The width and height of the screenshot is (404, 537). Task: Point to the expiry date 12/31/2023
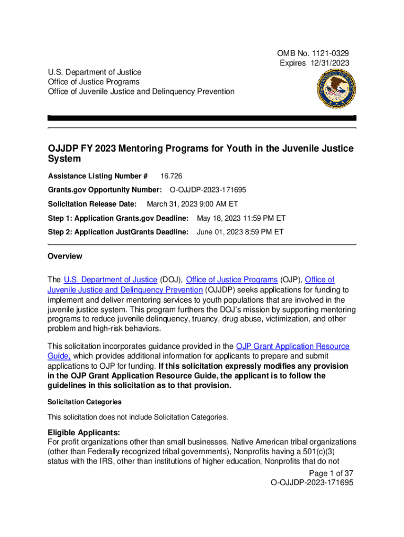pyautogui.click(x=328, y=63)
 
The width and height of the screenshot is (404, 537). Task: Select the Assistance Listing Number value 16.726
pyautogui.click(x=172, y=176)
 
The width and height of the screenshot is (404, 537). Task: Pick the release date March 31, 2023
pyautogui.click(x=192, y=203)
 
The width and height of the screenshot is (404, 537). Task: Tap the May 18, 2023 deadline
pyautogui.click(x=241, y=218)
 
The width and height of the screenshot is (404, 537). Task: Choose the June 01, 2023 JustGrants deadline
pyautogui.click(x=240, y=232)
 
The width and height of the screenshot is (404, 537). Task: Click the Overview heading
pyautogui.click(x=65, y=256)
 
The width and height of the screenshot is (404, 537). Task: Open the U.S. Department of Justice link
pyautogui.click(x=110, y=280)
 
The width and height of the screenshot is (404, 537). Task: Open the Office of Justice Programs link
pyautogui.click(x=232, y=280)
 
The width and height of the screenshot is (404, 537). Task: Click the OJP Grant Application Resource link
pyautogui.click(x=292, y=346)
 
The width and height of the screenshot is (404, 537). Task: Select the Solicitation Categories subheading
pyautogui.click(x=84, y=402)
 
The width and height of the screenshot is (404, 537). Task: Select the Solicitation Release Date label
pyautogui.click(x=92, y=203)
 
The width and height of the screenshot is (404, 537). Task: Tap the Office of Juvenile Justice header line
pyautogui.click(x=141, y=92)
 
